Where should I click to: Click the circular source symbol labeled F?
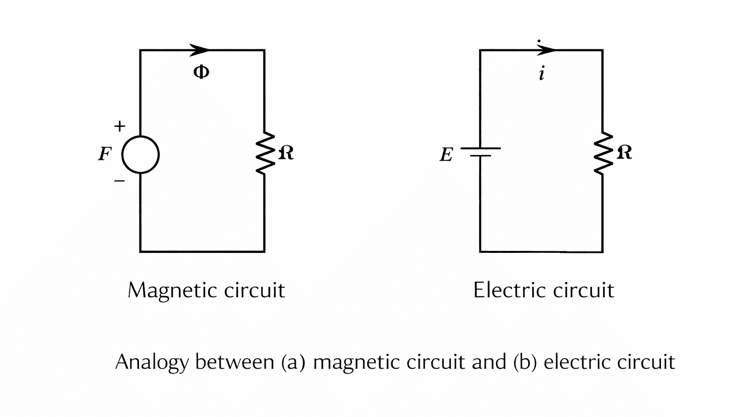click(140, 155)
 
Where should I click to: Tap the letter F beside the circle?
click(105, 154)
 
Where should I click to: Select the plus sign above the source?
click(120, 126)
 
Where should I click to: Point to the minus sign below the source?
click(119, 181)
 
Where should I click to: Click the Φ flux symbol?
click(201, 72)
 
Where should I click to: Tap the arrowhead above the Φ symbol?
click(200, 50)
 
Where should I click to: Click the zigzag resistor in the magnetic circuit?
click(264, 153)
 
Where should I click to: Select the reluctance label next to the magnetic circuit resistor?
click(286, 153)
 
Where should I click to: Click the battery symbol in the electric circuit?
click(480, 152)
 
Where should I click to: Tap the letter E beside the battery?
click(446, 155)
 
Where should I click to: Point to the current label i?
click(542, 74)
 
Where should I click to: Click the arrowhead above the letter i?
click(546, 50)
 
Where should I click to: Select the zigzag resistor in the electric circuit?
click(603, 153)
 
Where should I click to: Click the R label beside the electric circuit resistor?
click(624, 153)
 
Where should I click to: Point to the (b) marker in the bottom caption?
click(525, 362)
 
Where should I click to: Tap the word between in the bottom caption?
click(234, 362)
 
